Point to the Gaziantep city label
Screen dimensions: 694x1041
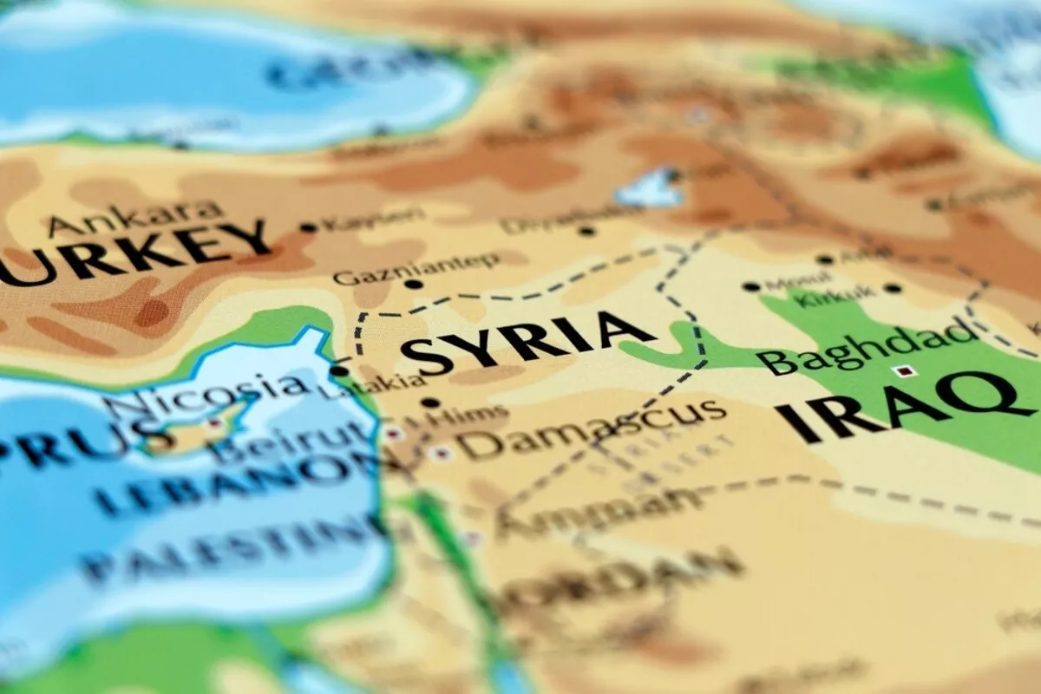(417, 268)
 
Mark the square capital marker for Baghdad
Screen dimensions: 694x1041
(907, 371)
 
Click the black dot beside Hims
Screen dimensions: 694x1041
(430, 403)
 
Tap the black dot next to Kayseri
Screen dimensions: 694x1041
(308, 228)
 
